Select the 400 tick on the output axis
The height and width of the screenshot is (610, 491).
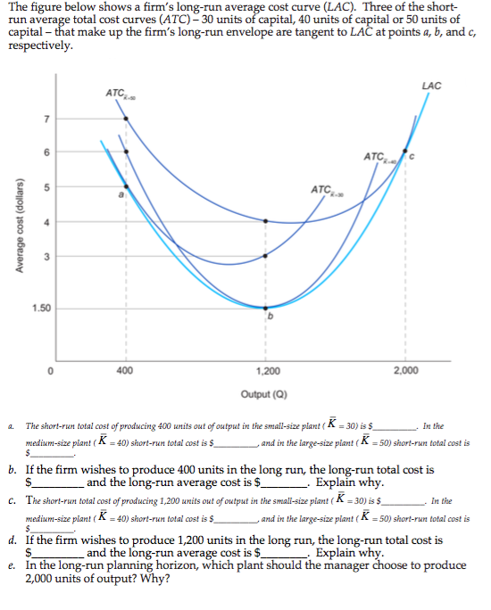tap(125, 369)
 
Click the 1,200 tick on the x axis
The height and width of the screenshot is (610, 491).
tap(265, 369)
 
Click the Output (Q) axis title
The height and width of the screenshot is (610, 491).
tap(262, 393)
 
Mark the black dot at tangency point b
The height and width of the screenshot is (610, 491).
tap(264, 308)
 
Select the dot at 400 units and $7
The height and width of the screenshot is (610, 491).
tap(125, 118)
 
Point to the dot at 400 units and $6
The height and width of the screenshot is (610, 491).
tap(125, 152)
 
